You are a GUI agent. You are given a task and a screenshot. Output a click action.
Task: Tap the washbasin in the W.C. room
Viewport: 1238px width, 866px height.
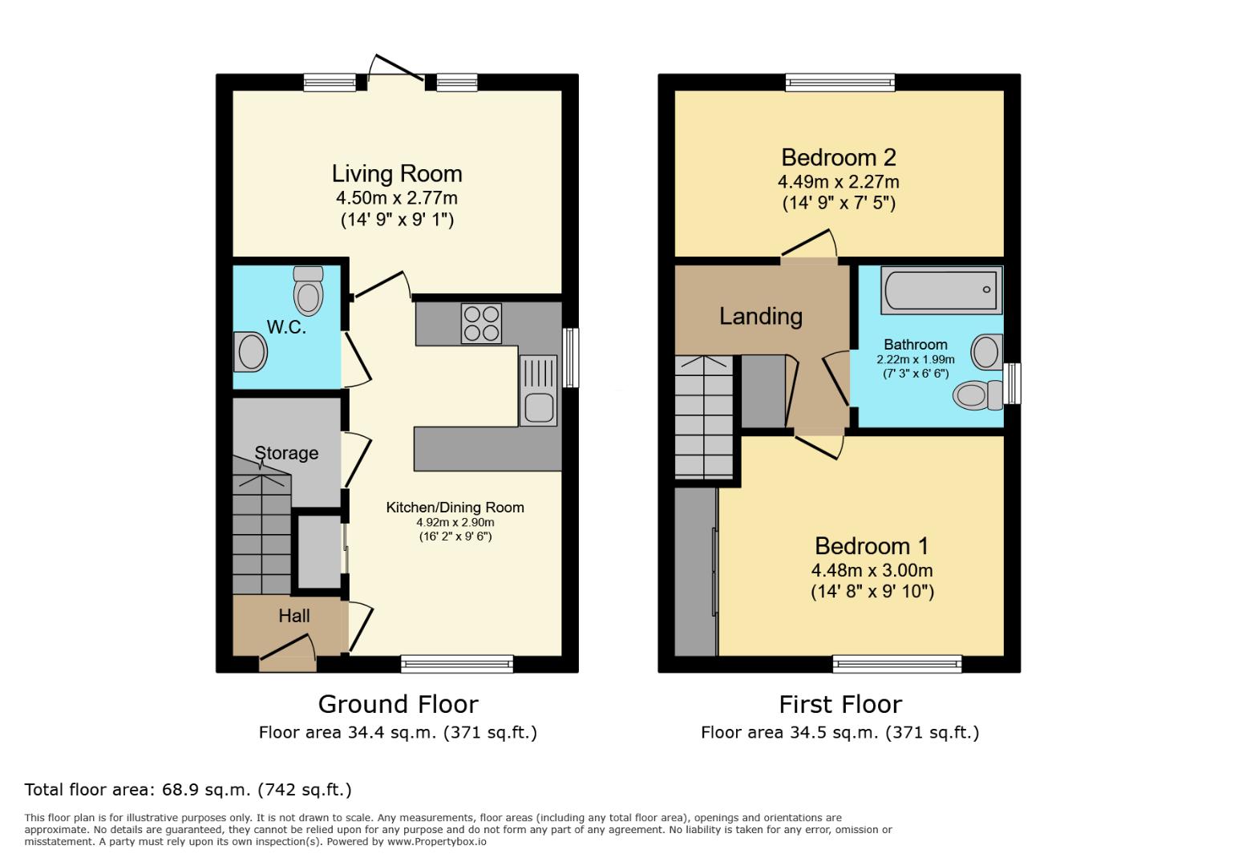pyautogui.click(x=251, y=352)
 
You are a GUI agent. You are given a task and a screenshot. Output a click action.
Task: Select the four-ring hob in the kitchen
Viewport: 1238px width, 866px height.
pyautogui.click(x=481, y=323)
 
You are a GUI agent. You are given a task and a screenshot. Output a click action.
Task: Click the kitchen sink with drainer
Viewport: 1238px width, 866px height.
pyautogui.click(x=538, y=391)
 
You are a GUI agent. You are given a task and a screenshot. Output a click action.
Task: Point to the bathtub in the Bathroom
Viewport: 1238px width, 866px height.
pyautogui.click(x=941, y=289)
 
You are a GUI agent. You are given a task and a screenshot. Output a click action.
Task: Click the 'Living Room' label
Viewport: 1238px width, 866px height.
pyautogui.click(x=397, y=174)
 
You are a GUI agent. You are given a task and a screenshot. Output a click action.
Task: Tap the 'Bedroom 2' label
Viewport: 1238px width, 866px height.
pyautogui.click(x=838, y=157)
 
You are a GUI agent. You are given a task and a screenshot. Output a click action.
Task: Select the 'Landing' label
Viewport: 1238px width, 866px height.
pyautogui.click(x=760, y=316)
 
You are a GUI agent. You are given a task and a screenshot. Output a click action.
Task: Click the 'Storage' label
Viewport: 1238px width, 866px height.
pyautogui.click(x=286, y=453)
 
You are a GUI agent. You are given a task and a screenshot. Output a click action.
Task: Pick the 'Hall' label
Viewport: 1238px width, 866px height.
pyautogui.click(x=294, y=616)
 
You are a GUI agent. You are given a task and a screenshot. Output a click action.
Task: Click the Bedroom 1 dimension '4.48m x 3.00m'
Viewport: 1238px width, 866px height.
pyautogui.click(x=872, y=570)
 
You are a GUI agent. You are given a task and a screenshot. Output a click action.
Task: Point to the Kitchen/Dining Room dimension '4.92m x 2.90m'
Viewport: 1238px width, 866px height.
pyautogui.click(x=455, y=522)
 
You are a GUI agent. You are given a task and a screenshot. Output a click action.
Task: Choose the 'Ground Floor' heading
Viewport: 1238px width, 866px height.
pyautogui.click(x=398, y=704)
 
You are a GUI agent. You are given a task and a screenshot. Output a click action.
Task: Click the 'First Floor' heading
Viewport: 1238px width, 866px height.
pyautogui.click(x=839, y=704)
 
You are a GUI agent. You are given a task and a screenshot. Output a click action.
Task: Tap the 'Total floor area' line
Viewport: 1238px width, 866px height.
pyautogui.click(x=188, y=790)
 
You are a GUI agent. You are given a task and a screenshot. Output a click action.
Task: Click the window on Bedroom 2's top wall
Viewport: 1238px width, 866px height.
pyautogui.click(x=839, y=82)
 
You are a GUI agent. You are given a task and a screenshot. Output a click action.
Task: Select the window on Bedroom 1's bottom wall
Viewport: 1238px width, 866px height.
pyautogui.click(x=896, y=663)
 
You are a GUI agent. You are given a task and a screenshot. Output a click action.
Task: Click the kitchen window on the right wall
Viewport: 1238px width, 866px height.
pyautogui.click(x=570, y=358)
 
